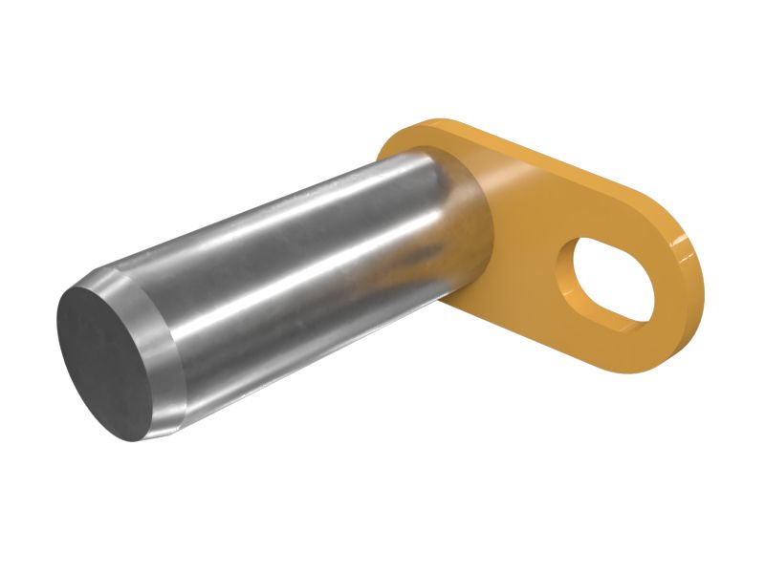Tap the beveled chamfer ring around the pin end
tap(163, 363)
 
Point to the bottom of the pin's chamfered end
tap(143, 435)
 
